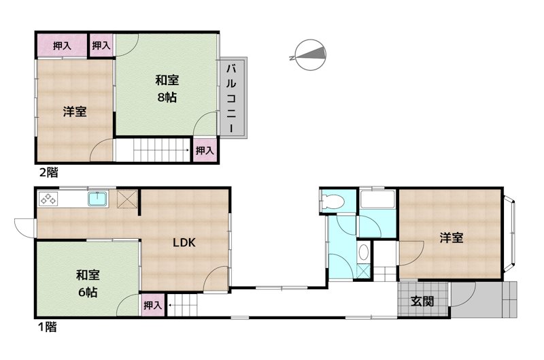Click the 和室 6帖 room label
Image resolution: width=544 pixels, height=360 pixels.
pos(87,284)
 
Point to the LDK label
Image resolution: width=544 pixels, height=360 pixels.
pos(184,243)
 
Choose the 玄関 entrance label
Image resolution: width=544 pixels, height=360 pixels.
pos(423,300)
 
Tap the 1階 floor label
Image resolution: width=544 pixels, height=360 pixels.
pos(47,327)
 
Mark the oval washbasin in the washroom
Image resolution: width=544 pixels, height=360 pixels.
pos(364,252)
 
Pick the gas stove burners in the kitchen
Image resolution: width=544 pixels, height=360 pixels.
pos(49,199)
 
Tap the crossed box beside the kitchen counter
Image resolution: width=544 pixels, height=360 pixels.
pos(128,199)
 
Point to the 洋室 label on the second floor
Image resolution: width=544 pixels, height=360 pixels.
pos(75,112)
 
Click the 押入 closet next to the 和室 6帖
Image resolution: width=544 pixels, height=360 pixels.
pos(152,306)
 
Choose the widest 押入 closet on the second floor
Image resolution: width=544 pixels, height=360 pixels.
pos(61,46)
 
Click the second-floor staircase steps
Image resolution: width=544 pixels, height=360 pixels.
pos(153,148)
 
